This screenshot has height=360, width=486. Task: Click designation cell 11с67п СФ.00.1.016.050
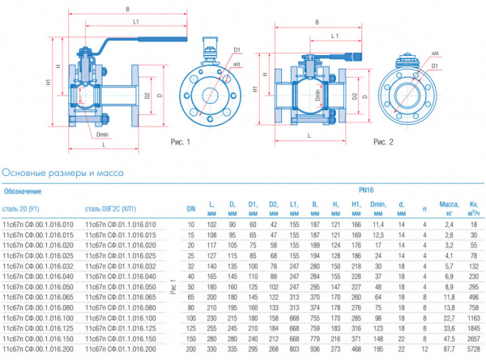39,286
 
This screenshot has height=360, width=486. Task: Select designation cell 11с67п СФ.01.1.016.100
123,318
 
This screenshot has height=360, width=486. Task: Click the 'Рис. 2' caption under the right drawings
383,142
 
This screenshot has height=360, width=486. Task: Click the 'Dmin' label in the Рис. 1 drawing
102,135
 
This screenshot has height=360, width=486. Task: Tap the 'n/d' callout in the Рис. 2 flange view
435,53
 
